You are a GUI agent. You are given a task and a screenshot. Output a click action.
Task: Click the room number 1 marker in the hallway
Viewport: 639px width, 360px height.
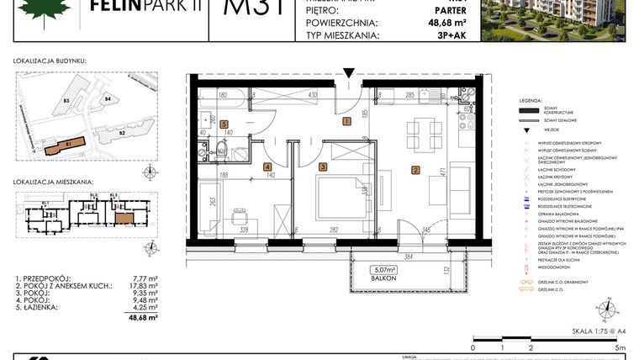346,121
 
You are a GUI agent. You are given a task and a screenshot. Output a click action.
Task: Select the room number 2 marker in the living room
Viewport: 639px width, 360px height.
415,171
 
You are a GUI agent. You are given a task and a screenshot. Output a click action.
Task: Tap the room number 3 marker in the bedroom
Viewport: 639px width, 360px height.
322,167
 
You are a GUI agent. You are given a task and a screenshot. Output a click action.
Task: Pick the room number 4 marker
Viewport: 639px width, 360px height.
267,167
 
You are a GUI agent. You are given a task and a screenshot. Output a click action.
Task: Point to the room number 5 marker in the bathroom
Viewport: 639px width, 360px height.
224,124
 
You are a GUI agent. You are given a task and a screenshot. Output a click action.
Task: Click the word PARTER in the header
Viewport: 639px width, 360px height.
428,10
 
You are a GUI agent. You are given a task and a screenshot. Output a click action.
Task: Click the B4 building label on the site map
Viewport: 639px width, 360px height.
108,99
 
